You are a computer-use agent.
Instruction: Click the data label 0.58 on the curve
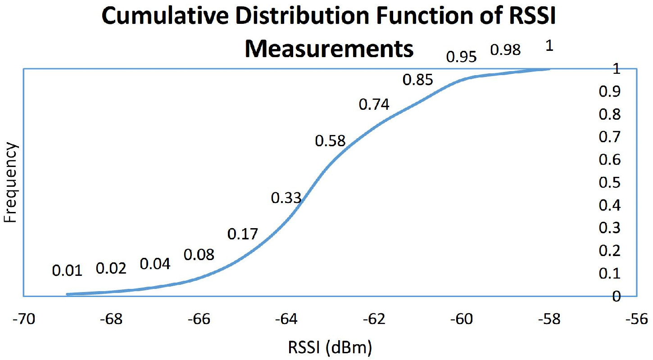[x=330, y=141]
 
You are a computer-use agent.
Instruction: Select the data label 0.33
[x=286, y=198]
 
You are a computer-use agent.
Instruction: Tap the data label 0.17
[x=243, y=234]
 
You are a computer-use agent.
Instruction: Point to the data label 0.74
[x=374, y=104]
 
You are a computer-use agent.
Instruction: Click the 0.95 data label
[x=461, y=57]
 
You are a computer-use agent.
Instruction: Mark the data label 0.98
[x=505, y=50]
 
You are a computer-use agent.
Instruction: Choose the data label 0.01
[x=68, y=271]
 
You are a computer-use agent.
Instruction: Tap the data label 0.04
[x=155, y=264]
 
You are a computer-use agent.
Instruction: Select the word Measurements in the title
[x=329, y=49]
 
